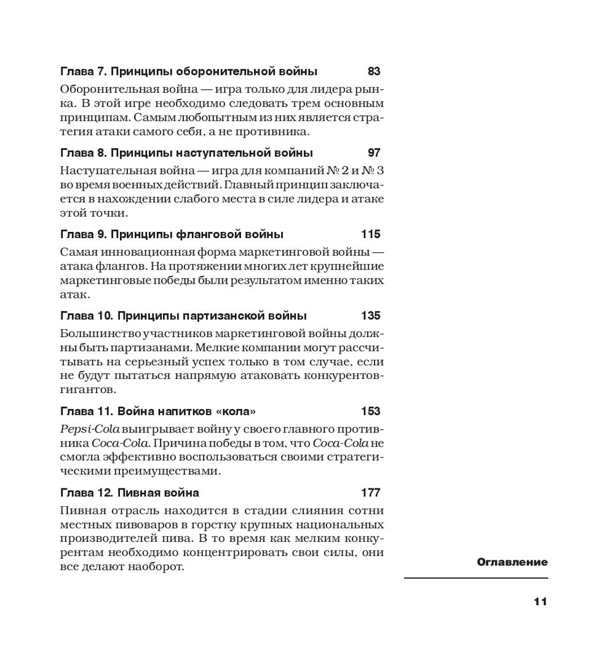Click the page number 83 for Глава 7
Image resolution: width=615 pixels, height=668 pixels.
[373, 71]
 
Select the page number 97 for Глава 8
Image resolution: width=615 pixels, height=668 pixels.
[373, 153]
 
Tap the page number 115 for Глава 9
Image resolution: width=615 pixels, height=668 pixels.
[371, 234]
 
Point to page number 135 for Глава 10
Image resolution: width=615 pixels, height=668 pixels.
[371, 316]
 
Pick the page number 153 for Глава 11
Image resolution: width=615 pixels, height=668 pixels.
[371, 411]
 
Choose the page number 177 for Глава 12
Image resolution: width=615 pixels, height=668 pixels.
[371, 493]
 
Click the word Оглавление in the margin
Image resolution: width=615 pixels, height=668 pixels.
[512, 562]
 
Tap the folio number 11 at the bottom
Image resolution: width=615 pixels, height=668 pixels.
[540, 602]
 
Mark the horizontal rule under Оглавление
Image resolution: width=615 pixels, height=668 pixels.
[476, 578]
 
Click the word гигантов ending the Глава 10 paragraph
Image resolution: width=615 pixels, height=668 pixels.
[88, 390]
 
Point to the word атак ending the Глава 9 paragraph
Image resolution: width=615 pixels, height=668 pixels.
[73, 295]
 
